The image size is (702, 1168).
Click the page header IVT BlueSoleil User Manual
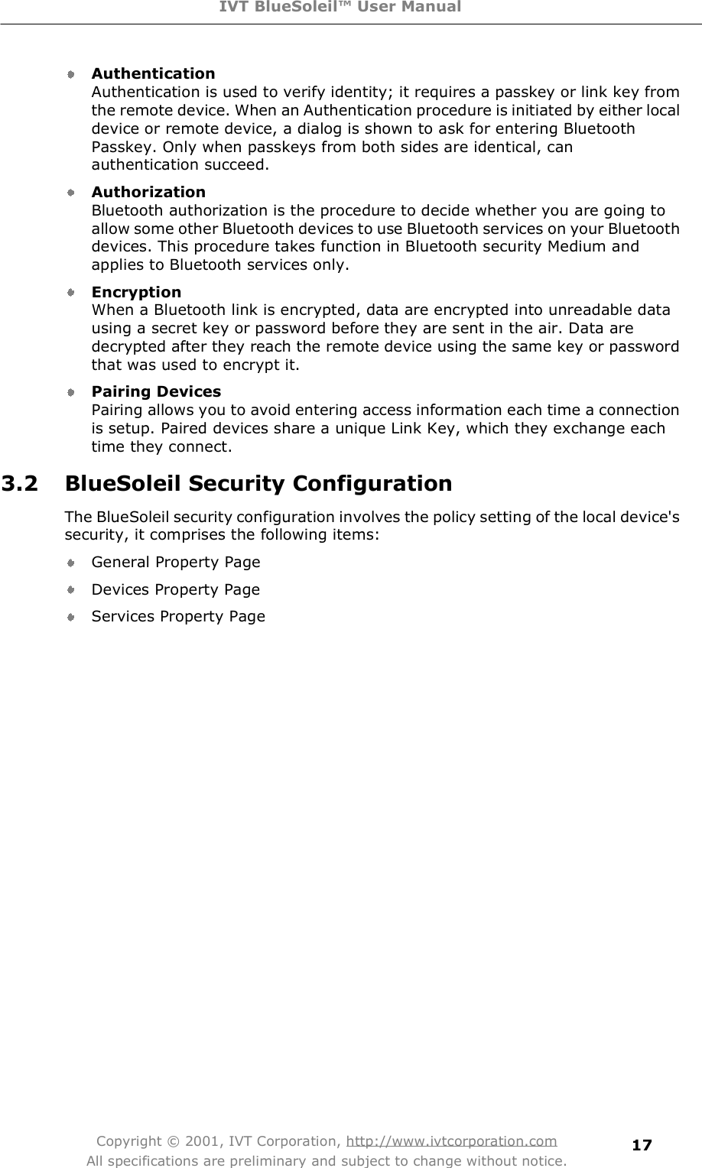pyautogui.click(x=351, y=8)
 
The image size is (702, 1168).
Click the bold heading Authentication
pyautogui.click(x=153, y=74)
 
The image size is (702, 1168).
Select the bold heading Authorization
pyautogui.click(x=148, y=192)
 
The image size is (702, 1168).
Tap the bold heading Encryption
pyautogui.click(x=136, y=292)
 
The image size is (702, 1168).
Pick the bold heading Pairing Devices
pyautogui.click(x=156, y=391)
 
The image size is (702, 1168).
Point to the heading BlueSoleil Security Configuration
pyautogui.click(x=258, y=485)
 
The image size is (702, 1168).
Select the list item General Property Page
pyautogui.click(x=176, y=563)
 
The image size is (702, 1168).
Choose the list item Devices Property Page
pyautogui.click(x=175, y=589)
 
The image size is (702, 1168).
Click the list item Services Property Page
pyautogui.click(x=178, y=617)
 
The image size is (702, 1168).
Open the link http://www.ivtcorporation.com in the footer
pyautogui.click(x=451, y=1141)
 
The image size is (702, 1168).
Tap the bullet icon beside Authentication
pyautogui.click(x=70, y=75)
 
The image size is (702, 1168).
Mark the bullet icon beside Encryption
pyautogui.click(x=70, y=293)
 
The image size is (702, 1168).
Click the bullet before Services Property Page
pyautogui.click(x=70, y=617)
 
